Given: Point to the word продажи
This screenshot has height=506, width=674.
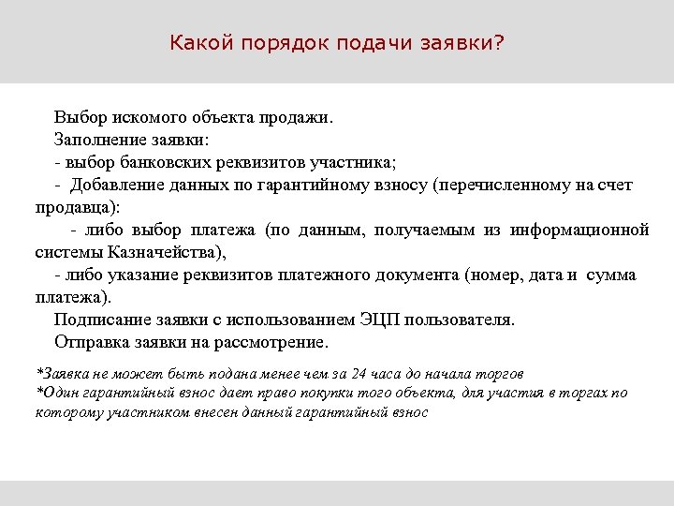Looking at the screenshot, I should click(300, 119).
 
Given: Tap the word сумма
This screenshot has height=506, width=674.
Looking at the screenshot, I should click(612, 275).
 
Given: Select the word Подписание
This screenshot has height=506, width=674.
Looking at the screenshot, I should click(98, 320).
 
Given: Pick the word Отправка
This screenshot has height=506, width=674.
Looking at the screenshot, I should click(91, 341).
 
